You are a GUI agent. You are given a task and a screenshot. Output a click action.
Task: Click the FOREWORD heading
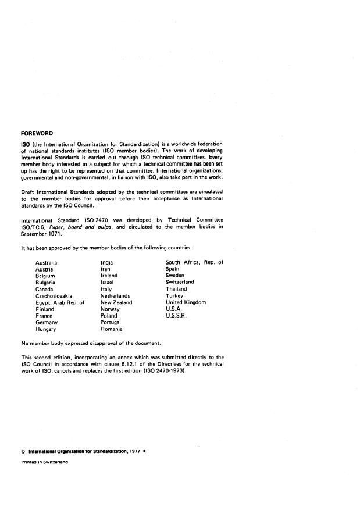(x=37, y=133)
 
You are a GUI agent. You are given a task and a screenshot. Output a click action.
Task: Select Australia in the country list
(x=46, y=262)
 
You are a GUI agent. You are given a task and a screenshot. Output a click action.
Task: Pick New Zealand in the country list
(x=116, y=302)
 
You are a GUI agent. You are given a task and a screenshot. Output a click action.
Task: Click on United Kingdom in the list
(x=186, y=302)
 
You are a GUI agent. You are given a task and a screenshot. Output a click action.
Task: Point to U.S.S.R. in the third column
(x=176, y=316)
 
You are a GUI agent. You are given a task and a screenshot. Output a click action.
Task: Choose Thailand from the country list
(x=176, y=289)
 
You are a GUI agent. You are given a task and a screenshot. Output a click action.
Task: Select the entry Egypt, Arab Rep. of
(x=60, y=302)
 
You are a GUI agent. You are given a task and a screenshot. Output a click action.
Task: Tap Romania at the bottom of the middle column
(x=112, y=329)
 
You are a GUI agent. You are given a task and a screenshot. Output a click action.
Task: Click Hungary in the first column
(x=46, y=329)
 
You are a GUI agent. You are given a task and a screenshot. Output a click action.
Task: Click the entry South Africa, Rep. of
(x=194, y=262)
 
